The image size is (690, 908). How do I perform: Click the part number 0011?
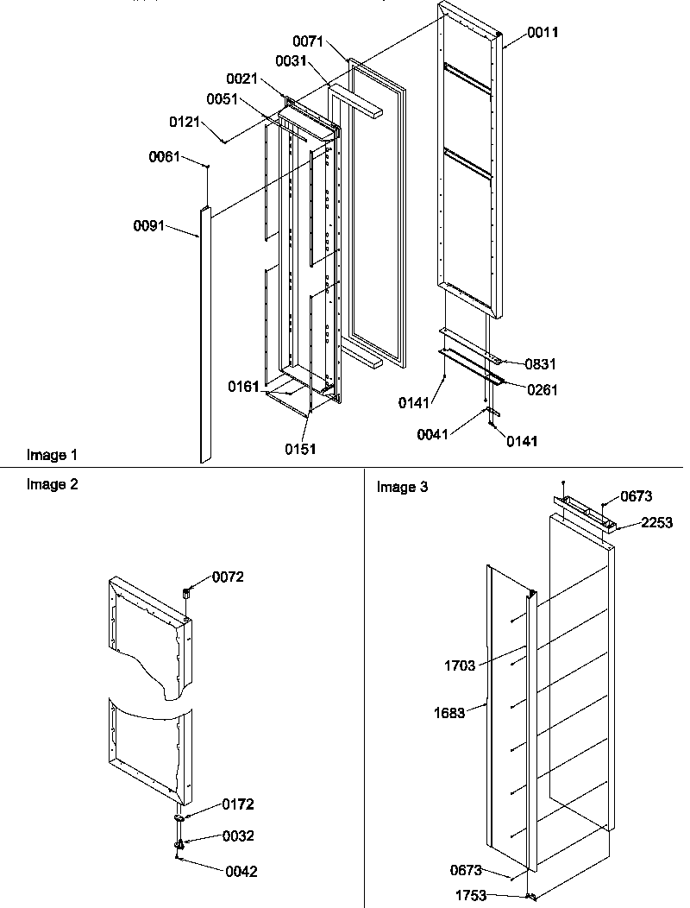pos(543,33)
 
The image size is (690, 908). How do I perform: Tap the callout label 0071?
pos(308,41)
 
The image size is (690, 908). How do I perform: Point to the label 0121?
pos(186,122)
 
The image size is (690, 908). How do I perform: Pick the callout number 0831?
pos(540,364)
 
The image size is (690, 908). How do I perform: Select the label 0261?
pos(543,390)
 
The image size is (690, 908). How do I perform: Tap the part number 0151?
pos(302,448)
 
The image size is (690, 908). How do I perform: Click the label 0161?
pos(243,386)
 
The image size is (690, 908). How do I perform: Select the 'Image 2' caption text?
pos(52,484)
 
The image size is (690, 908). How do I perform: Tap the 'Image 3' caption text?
pos(402,488)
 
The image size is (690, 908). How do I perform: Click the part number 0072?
pos(228,577)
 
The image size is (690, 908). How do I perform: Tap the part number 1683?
pos(449,713)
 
